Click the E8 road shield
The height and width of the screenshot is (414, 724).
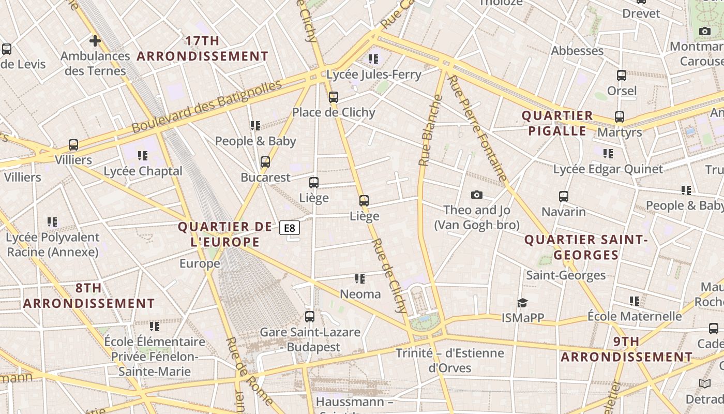click(290, 228)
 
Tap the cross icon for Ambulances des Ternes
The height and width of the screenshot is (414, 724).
click(95, 40)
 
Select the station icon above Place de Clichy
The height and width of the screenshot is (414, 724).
click(334, 97)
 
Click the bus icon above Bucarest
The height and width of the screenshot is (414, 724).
click(265, 162)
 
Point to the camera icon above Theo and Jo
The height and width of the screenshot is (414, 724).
click(477, 195)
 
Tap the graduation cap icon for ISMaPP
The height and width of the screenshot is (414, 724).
click(523, 303)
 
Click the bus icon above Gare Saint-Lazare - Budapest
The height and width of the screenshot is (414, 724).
click(310, 316)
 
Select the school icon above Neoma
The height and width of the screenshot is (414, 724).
click(360, 279)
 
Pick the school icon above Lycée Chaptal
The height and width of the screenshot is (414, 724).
click(143, 155)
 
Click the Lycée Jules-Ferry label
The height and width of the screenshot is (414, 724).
click(373, 75)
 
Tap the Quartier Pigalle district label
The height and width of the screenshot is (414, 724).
click(557, 123)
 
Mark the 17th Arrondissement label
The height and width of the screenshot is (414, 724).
click(203, 49)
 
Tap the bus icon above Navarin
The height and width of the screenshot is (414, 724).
click(564, 197)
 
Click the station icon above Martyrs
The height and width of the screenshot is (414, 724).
click(620, 117)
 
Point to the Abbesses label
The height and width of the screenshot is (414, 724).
click(577, 51)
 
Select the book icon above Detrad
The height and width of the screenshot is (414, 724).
click(704, 383)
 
